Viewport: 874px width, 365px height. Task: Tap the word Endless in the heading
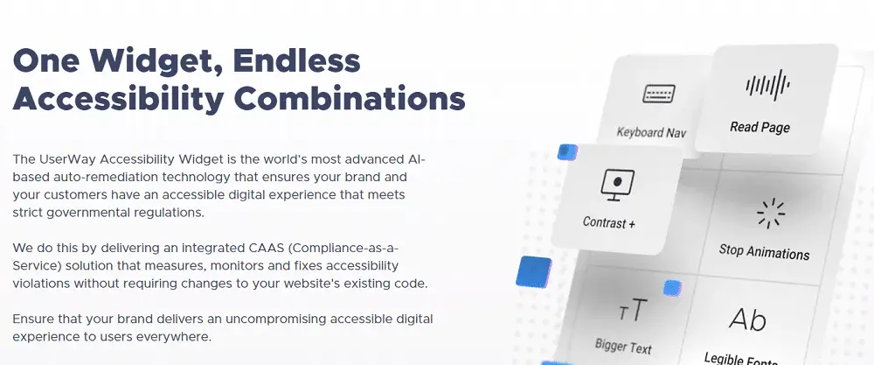[x=296, y=60]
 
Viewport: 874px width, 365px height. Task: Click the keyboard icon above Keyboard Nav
[x=659, y=94]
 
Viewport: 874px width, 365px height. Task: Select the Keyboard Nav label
[x=651, y=132]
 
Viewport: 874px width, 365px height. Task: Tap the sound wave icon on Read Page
[x=767, y=86]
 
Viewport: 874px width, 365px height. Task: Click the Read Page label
[x=760, y=127]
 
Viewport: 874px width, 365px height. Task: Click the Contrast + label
[x=608, y=222]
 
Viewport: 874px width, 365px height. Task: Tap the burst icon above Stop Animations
[x=771, y=213]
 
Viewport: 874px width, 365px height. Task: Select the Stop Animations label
[x=764, y=252]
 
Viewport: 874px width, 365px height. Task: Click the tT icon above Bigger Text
[x=633, y=310]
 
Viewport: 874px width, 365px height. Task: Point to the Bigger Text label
[x=623, y=346]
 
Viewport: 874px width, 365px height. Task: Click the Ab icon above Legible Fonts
[x=747, y=319]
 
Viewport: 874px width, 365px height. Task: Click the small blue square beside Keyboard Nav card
[x=568, y=152]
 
